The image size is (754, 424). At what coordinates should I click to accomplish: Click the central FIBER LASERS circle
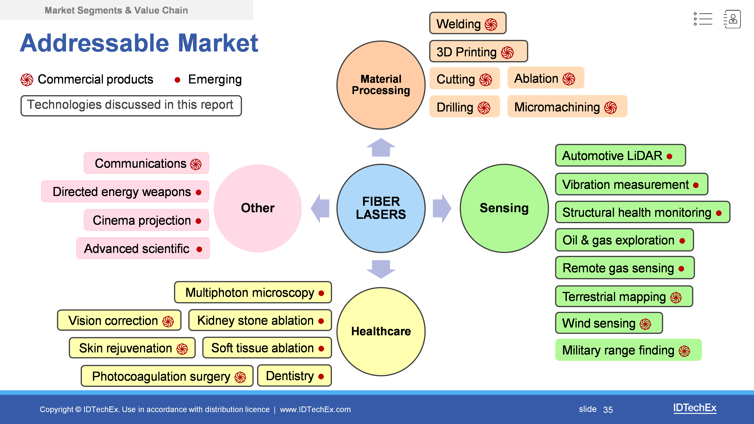[381, 208]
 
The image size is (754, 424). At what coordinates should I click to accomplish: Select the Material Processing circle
[381, 85]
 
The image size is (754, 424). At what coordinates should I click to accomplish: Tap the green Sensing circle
[504, 208]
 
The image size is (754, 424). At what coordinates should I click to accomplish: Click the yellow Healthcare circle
[381, 331]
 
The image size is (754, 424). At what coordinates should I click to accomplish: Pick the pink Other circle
[257, 208]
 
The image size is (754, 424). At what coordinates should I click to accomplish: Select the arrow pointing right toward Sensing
[442, 208]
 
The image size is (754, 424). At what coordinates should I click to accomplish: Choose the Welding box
[467, 23]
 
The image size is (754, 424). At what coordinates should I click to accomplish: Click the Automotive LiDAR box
[620, 155]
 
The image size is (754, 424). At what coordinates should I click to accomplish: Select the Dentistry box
[294, 376]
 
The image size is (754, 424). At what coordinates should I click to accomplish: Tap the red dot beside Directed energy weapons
[198, 192]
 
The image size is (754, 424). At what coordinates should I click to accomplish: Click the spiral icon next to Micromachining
[611, 107]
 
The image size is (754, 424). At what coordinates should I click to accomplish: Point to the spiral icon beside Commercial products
[27, 80]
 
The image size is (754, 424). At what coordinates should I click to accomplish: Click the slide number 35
[608, 409]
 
